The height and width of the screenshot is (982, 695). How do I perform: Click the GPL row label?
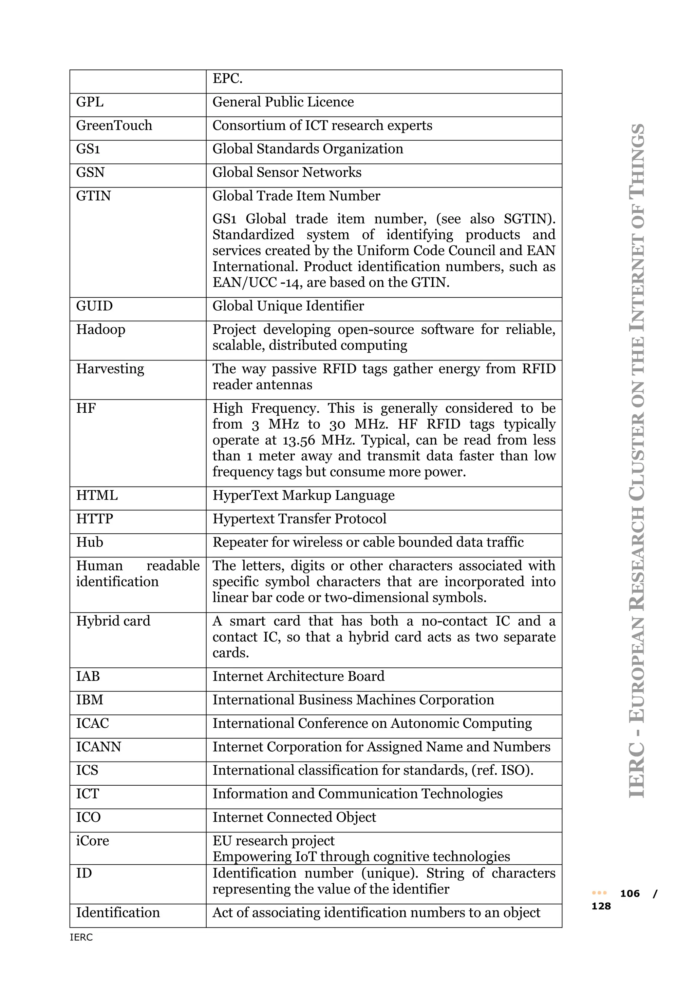(x=90, y=102)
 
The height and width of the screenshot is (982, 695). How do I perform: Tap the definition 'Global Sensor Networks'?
(x=287, y=172)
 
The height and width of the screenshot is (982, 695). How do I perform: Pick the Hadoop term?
(x=100, y=330)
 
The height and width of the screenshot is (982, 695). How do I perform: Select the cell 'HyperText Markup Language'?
(x=303, y=496)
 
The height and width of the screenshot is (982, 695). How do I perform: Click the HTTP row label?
(x=95, y=519)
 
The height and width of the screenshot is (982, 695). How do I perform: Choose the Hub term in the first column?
(x=90, y=542)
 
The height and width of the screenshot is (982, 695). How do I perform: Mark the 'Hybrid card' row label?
(x=113, y=621)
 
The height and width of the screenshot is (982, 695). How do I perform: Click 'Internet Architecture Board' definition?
(x=298, y=676)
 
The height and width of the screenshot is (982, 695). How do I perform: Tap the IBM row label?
(x=90, y=700)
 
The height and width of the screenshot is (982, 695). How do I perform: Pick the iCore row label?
(x=92, y=841)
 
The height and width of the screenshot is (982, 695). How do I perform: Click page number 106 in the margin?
(x=630, y=893)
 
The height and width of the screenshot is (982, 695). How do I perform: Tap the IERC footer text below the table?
(x=81, y=938)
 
